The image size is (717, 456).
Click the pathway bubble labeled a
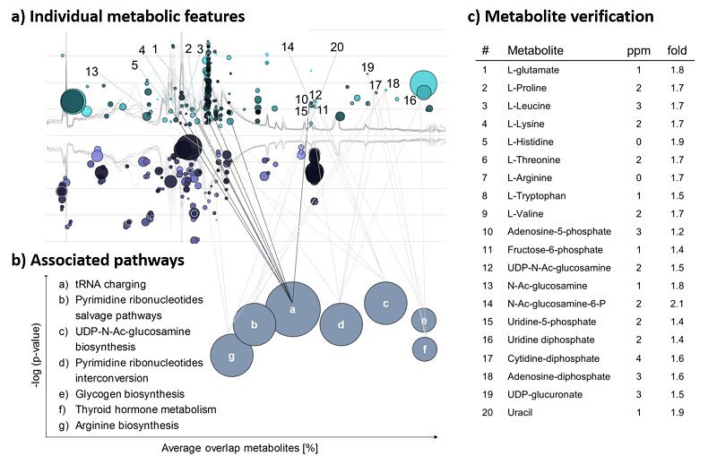[x=293, y=309]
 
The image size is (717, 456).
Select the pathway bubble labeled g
[x=232, y=356]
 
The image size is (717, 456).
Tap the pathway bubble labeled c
[x=385, y=303]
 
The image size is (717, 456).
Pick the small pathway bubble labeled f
[x=425, y=348]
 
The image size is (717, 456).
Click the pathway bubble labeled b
[x=255, y=325]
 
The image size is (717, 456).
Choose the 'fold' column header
[x=677, y=50]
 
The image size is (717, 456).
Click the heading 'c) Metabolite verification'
[x=562, y=16]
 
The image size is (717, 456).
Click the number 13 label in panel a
[x=91, y=72]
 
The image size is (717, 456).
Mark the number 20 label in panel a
[x=336, y=47]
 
